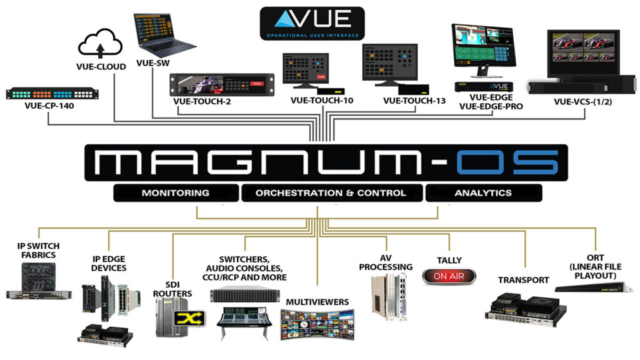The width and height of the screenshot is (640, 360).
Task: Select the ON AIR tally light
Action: pyautogui.click(x=449, y=276)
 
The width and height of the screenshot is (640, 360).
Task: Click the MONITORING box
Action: pyautogui.click(x=176, y=193)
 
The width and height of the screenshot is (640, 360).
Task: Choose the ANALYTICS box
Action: pyautogui.click(x=482, y=193)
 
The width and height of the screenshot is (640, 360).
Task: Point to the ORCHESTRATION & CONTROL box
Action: pyautogui.click(x=331, y=193)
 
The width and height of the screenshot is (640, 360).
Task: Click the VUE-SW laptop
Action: pyautogui.click(x=163, y=37)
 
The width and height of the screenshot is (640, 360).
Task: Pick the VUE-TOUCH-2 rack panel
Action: pyautogui.click(x=222, y=84)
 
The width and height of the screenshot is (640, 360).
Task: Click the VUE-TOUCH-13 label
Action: pyautogui.click(x=414, y=100)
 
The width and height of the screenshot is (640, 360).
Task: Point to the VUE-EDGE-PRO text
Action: pyautogui.click(x=492, y=106)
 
